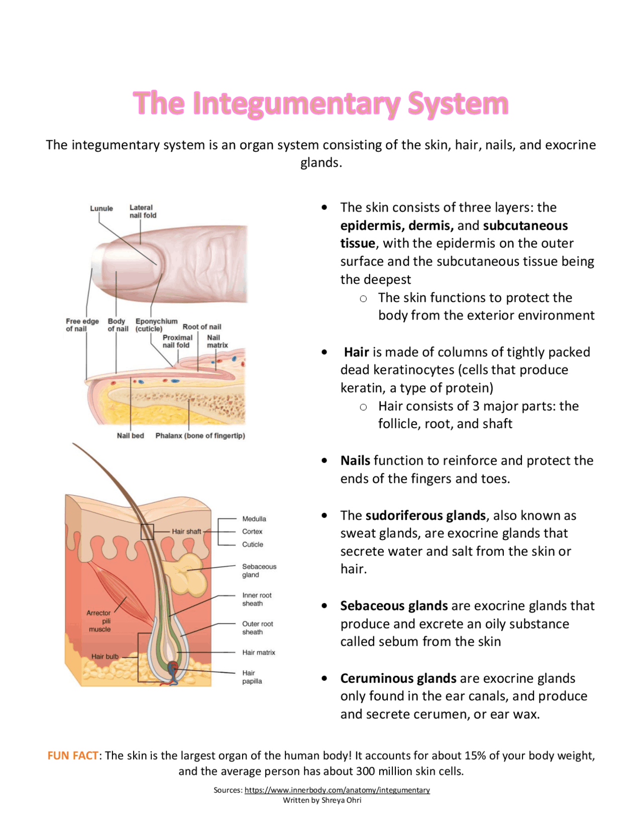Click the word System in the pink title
[458, 103]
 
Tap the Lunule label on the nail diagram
[101, 209]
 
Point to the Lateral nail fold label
[143, 212]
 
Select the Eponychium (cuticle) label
[156, 325]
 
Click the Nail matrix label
[217, 342]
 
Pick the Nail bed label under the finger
[130, 436]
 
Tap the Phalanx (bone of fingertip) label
[200, 436]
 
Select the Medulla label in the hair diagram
[254, 519]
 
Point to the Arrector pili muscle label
[99, 621]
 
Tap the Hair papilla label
[252, 677]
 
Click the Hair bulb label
[105, 657]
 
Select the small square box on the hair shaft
[147, 532]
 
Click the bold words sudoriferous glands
[425, 515]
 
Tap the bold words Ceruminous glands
[398, 678]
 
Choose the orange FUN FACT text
[73, 756]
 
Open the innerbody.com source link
[337, 790]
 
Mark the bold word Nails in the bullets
[355, 461]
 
